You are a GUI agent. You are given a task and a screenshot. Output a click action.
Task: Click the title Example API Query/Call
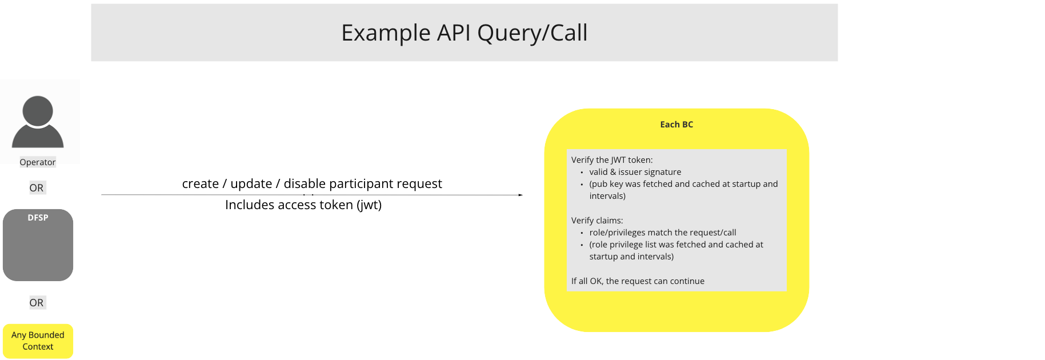click(x=464, y=33)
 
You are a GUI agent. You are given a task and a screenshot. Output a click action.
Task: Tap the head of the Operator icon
click(x=38, y=111)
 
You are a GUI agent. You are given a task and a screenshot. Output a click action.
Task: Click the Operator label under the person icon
click(x=38, y=162)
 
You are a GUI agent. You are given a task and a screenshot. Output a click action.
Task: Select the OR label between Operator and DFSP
click(x=37, y=188)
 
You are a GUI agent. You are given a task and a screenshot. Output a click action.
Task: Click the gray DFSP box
click(x=38, y=246)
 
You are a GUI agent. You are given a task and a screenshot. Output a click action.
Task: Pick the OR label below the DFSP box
click(x=37, y=303)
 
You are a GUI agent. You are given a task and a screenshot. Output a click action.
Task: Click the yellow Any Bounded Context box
click(x=38, y=341)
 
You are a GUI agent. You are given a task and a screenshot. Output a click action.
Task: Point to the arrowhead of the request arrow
click(x=520, y=195)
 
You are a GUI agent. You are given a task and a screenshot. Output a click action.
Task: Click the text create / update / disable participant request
click(x=312, y=184)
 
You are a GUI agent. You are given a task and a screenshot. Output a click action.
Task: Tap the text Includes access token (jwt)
click(x=303, y=205)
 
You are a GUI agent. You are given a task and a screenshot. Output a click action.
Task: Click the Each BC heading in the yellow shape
click(x=676, y=125)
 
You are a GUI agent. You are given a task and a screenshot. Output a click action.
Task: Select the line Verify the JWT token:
click(x=612, y=160)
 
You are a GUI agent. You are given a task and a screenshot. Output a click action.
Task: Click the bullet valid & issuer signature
click(x=635, y=172)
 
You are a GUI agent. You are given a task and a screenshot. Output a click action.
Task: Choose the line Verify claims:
click(x=597, y=221)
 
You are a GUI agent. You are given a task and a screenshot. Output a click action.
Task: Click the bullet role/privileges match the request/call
click(x=662, y=233)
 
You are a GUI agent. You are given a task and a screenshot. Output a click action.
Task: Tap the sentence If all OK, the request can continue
click(x=638, y=281)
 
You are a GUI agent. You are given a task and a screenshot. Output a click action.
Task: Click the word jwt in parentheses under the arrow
click(x=369, y=205)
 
